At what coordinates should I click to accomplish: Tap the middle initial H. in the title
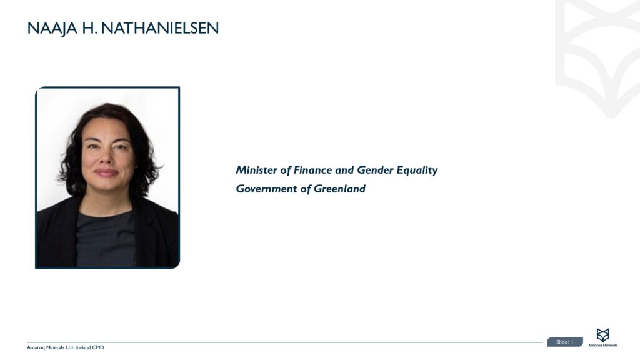89,28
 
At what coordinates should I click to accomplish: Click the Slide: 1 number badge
564,342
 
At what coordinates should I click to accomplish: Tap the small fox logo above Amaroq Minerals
602,335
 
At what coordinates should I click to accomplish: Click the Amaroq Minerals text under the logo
602,345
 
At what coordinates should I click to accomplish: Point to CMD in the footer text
98,347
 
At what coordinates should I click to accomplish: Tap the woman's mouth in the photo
106,172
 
